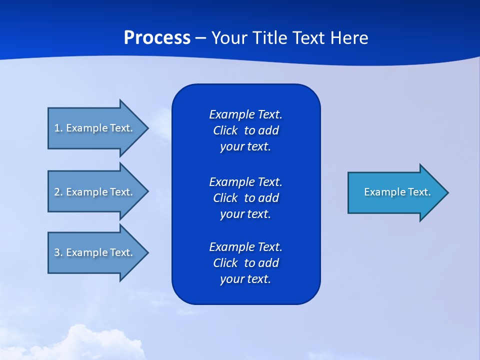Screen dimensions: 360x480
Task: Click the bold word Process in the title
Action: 157,38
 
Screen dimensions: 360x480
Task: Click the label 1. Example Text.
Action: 93,128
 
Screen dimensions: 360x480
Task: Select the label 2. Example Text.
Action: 93,192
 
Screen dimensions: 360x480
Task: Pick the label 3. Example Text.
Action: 93,252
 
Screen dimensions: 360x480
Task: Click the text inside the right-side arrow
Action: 397,192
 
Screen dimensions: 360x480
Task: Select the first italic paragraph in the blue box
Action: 245,130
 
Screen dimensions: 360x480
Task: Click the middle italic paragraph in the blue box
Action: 245,197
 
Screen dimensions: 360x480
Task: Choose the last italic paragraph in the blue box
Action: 245,263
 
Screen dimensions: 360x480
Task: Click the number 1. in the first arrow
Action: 58,128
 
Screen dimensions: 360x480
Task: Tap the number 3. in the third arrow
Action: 58,252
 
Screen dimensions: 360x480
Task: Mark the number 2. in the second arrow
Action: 58,192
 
